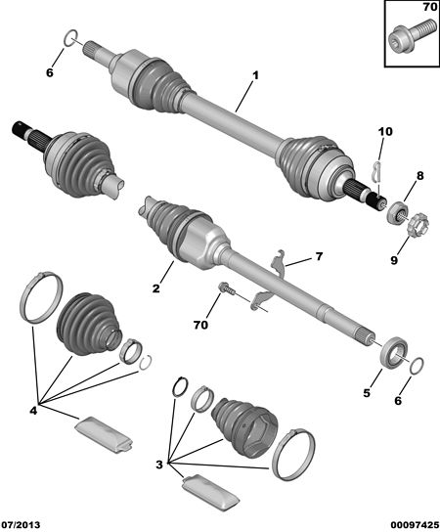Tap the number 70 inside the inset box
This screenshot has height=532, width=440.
[x=430, y=7]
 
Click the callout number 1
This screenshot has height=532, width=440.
[x=255, y=75]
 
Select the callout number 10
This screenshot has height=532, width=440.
[x=385, y=131]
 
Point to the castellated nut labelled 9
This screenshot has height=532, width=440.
[x=418, y=226]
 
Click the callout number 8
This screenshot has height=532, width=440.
[x=420, y=176]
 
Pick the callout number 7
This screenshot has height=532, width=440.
[x=319, y=256]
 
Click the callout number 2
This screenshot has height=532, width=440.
[x=155, y=288]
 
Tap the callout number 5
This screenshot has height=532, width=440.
[x=367, y=393]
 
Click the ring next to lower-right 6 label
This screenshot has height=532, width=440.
[x=417, y=366]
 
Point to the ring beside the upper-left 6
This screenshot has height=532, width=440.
[x=71, y=37]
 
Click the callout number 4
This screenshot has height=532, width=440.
[x=33, y=411]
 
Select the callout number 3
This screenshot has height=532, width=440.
[x=159, y=465]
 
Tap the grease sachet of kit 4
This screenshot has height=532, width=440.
[x=104, y=435]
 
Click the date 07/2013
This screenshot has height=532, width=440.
[x=21, y=525]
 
